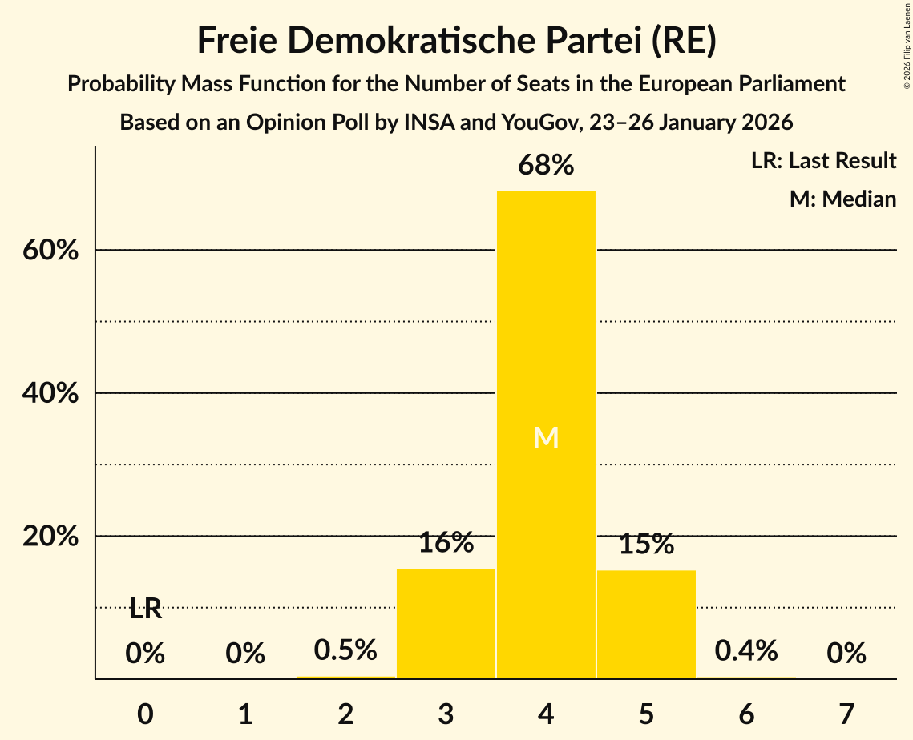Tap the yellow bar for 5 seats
coord(646,624)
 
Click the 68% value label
coord(546,166)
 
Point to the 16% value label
coord(446,543)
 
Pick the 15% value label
coord(646,545)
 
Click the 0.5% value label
coord(345,650)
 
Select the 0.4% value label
coord(746,650)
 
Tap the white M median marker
coord(546,437)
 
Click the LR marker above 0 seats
coord(145,609)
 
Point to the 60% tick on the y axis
coord(50,251)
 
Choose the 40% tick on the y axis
coord(50,393)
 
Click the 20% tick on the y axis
coord(50,537)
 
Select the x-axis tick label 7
coord(846,713)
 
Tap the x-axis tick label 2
coord(345,713)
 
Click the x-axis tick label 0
coord(145,713)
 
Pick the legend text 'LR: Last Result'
coord(823,161)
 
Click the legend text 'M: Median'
coord(842,199)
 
